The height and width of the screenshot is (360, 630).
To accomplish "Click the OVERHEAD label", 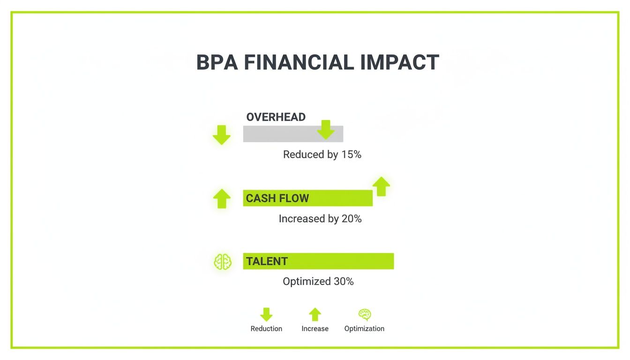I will pyautogui.click(x=276, y=117).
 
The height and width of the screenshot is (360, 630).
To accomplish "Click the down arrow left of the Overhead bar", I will pyautogui.click(x=222, y=135).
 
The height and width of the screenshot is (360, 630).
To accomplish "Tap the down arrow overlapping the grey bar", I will pyautogui.click(x=326, y=129).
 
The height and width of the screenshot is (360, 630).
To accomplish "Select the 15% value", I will pyautogui.click(x=351, y=155).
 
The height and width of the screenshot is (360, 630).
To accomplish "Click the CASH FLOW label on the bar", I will pyautogui.click(x=277, y=198).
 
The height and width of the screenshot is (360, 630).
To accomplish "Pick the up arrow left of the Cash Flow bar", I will pyautogui.click(x=222, y=198).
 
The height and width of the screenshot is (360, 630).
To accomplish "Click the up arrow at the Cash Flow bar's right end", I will pyautogui.click(x=382, y=187).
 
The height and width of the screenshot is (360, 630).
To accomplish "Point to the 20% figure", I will pyautogui.click(x=352, y=219).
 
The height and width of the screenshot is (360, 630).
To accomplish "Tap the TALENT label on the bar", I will pyautogui.click(x=267, y=262).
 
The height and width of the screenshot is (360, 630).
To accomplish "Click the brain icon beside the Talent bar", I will pyautogui.click(x=223, y=262).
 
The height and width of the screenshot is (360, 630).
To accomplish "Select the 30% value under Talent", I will pyautogui.click(x=344, y=282).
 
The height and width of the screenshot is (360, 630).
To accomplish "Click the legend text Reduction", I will pyautogui.click(x=266, y=329).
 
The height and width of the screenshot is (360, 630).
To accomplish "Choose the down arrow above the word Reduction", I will pyautogui.click(x=266, y=314).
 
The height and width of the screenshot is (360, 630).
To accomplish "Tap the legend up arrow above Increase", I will pyautogui.click(x=315, y=314).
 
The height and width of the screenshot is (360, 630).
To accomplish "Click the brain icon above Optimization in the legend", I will pyautogui.click(x=364, y=314).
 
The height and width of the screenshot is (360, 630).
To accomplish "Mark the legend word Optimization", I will pyautogui.click(x=364, y=329).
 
